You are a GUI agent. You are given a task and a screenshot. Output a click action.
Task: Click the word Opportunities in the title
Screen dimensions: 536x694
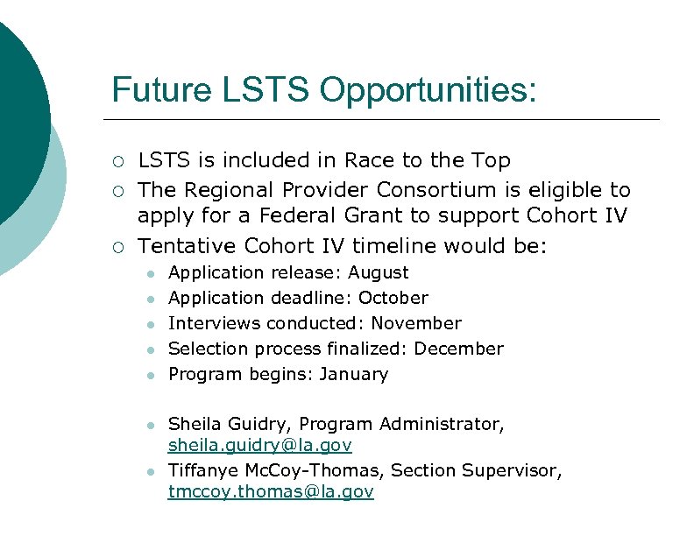coord(428,90)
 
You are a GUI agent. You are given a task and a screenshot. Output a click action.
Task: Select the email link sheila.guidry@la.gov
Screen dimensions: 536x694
coord(260,446)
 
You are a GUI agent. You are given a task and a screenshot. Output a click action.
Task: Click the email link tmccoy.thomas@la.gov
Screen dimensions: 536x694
coord(271,492)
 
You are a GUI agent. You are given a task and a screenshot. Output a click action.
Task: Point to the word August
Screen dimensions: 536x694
coord(379,273)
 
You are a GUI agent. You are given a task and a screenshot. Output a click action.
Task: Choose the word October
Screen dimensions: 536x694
coord(393,299)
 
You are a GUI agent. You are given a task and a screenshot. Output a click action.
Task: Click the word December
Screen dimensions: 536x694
coord(459,349)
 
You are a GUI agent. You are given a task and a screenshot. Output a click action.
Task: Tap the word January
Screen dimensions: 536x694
coord(353,375)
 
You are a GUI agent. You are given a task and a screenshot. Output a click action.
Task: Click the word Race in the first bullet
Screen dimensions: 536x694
coord(369,161)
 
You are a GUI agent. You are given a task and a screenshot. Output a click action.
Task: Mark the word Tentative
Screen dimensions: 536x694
coord(188,245)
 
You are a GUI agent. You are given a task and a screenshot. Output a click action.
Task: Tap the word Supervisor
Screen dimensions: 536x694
coord(513,471)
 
